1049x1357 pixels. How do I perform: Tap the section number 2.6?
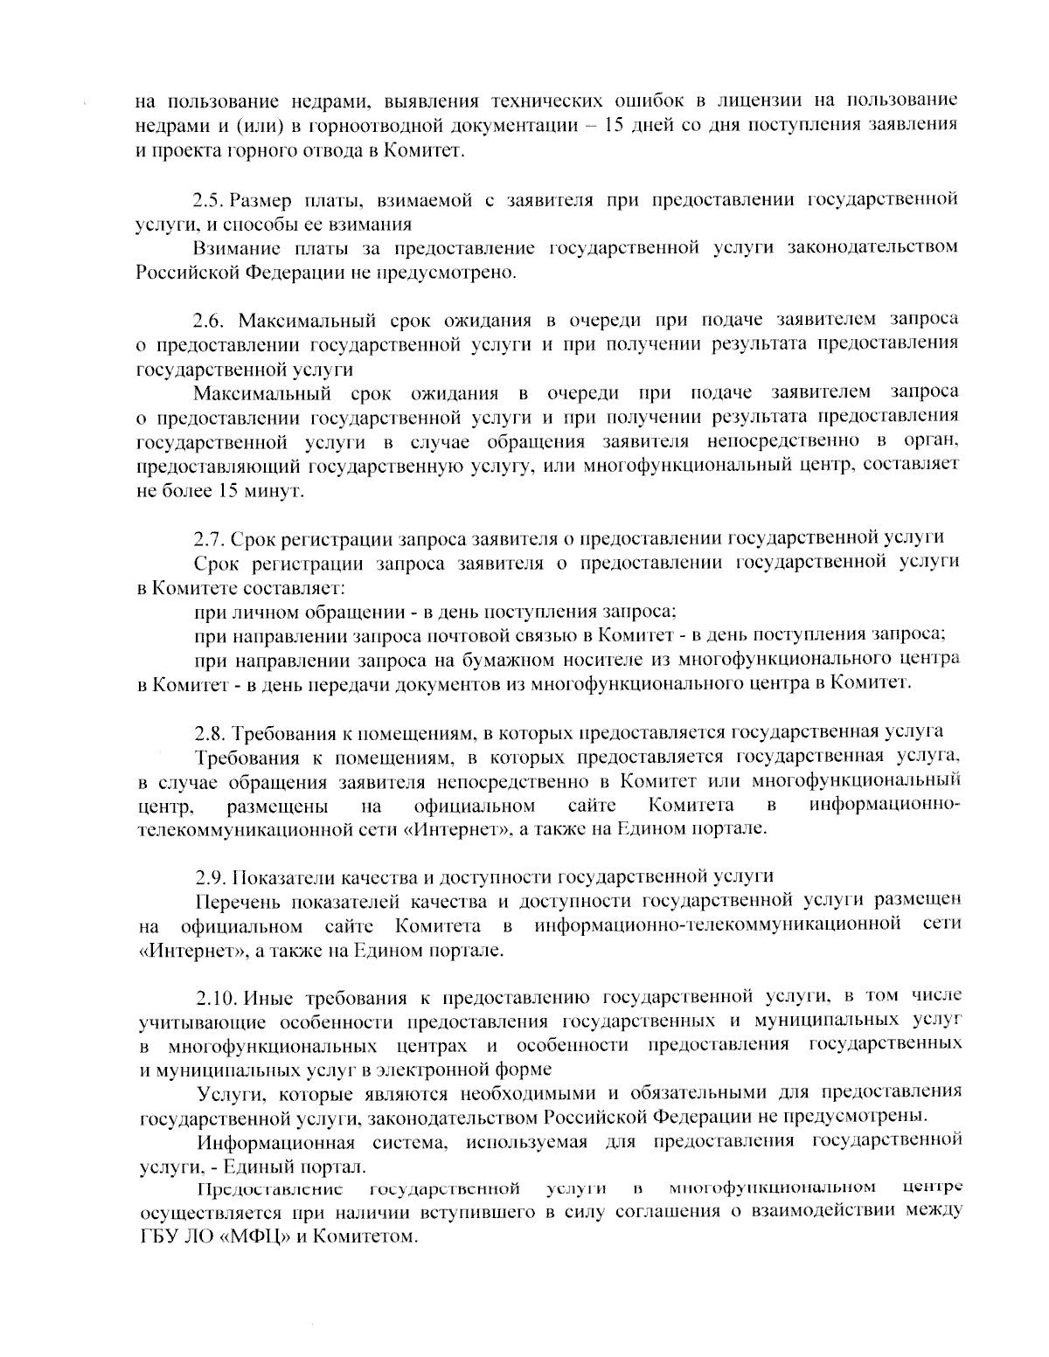pyautogui.click(x=210, y=319)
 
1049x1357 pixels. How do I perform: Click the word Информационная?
pyautogui.click(x=276, y=1141)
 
